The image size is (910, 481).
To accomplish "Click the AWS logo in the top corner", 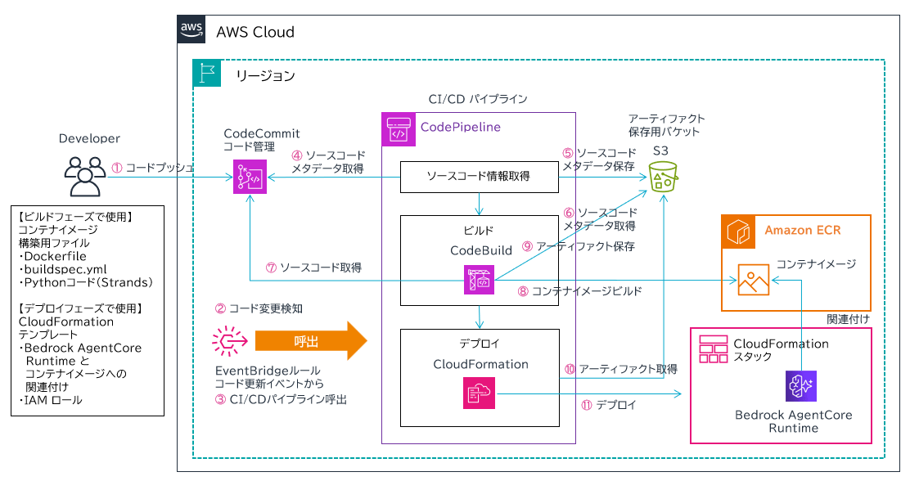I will click(191, 29).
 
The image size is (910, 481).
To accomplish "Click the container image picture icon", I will click(753, 279).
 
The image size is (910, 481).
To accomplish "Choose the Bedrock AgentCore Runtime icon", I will click(800, 385).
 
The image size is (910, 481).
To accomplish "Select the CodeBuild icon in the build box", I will click(478, 280).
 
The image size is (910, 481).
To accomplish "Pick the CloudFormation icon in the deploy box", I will click(478, 393).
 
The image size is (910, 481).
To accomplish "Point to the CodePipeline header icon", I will click(398, 128).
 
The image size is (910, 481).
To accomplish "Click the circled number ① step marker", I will click(116, 167).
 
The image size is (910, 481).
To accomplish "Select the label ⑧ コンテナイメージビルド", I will click(580, 290).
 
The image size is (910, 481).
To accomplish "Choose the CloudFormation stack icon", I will click(714, 348).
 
